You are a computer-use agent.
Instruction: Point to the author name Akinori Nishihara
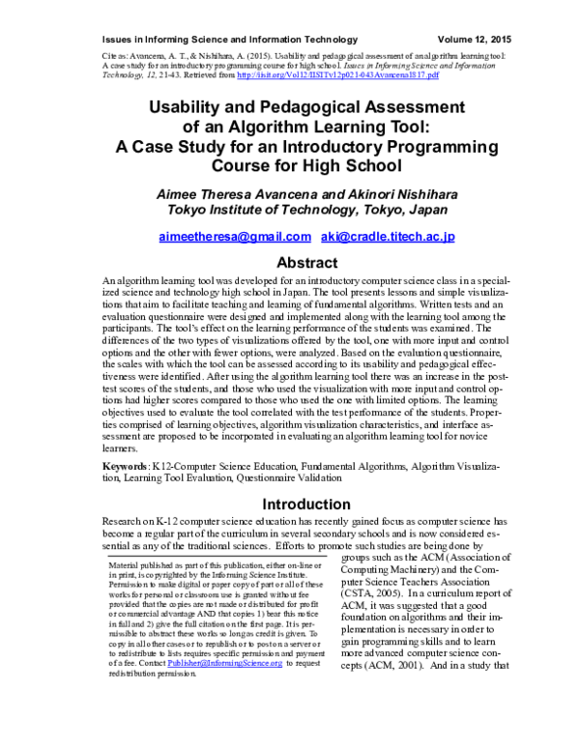coord(390,194)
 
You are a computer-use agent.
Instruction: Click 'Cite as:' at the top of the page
coord(116,58)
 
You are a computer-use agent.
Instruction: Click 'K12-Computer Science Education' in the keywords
coord(221,466)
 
